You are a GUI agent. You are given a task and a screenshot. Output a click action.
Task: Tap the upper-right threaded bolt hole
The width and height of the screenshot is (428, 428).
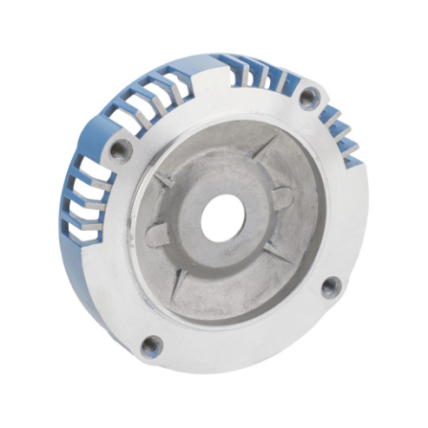tap(310, 98)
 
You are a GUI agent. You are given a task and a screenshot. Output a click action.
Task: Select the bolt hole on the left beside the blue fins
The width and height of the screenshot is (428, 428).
tap(121, 151)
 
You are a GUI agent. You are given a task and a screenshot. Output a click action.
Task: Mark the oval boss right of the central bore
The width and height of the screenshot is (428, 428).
tap(280, 198)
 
